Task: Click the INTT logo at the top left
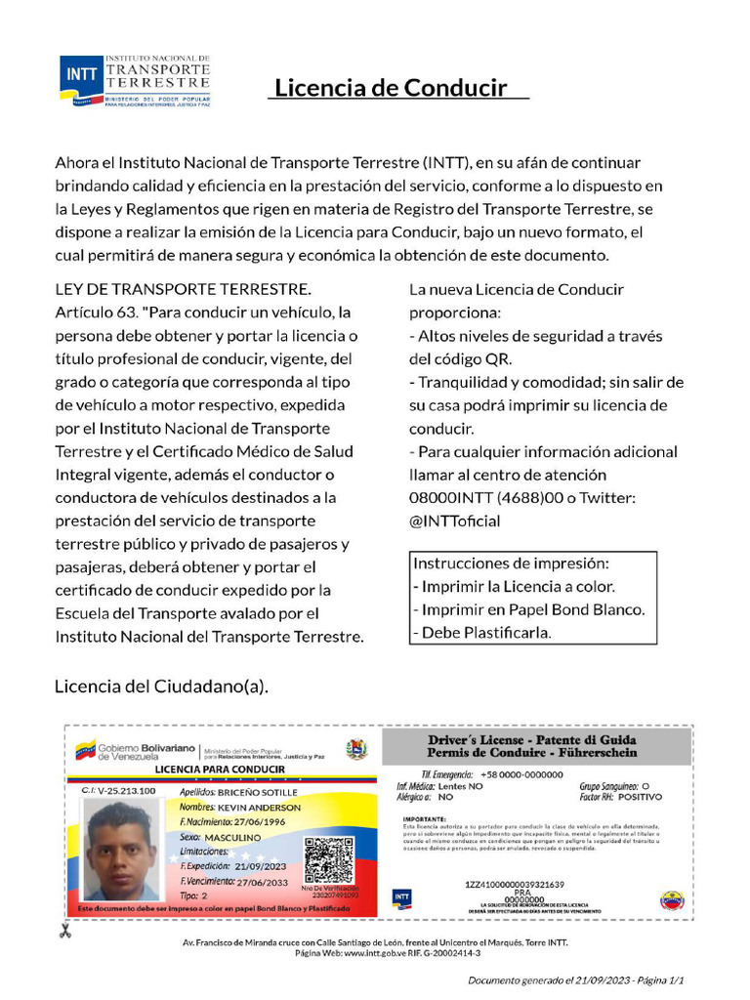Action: [x=135, y=80]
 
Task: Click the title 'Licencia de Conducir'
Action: [x=391, y=88]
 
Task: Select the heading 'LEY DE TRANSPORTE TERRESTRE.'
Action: [x=183, y=290]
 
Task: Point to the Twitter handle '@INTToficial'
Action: [x=455, y=521]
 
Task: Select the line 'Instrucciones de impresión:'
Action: [x=511, y=563]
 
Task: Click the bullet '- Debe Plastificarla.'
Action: [x=482, y=632]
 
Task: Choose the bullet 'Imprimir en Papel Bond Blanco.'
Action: [x=533, y=609]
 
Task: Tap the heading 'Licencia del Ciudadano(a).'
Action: [x=161, y=687]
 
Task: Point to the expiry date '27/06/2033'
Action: [x=262, y=881]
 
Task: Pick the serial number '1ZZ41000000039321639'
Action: [x=515, y=884]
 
